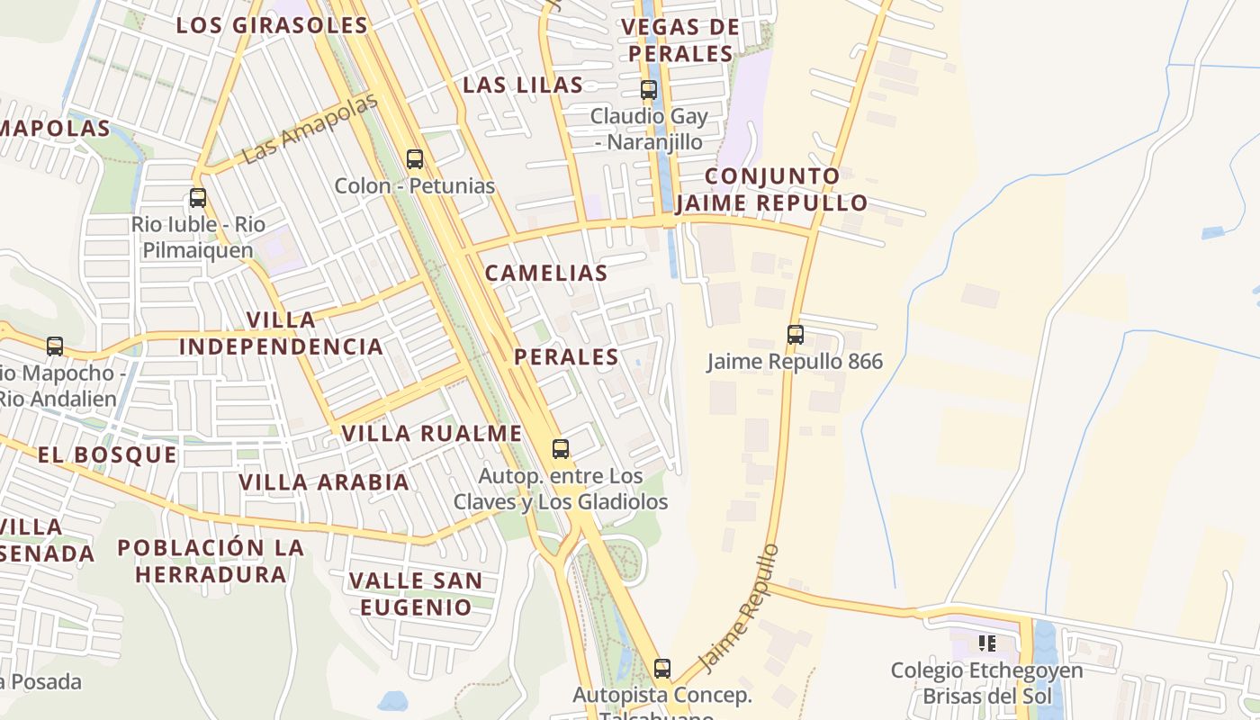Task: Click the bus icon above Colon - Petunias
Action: tap(415, 159)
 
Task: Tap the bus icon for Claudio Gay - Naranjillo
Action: tap(648, 90)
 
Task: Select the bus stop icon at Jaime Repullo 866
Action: tap(795, 335)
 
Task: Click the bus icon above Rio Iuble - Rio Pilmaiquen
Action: tap(198, 198)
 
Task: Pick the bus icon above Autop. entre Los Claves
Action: tap(561, 448)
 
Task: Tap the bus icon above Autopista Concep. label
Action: tap(662, 669)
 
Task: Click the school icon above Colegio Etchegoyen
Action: tap(986, 643)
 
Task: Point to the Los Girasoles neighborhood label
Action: tap(272, 25)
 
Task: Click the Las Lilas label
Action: tap(523, 85)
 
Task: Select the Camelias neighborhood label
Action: tap(546, 274)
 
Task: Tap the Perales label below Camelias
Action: tap(566, 357)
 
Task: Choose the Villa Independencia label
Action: tap(281, 333)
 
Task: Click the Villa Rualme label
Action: tap(432, 434)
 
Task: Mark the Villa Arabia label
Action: tap(324, 482)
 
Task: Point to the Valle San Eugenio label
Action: tap(416, 594)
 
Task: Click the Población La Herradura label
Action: tap(211, 561)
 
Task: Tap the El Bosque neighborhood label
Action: tap(108, 455)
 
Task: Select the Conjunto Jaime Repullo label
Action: tap(771, 189)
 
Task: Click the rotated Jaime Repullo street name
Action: tap(739, 608)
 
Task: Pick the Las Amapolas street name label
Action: tap(310, 128)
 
